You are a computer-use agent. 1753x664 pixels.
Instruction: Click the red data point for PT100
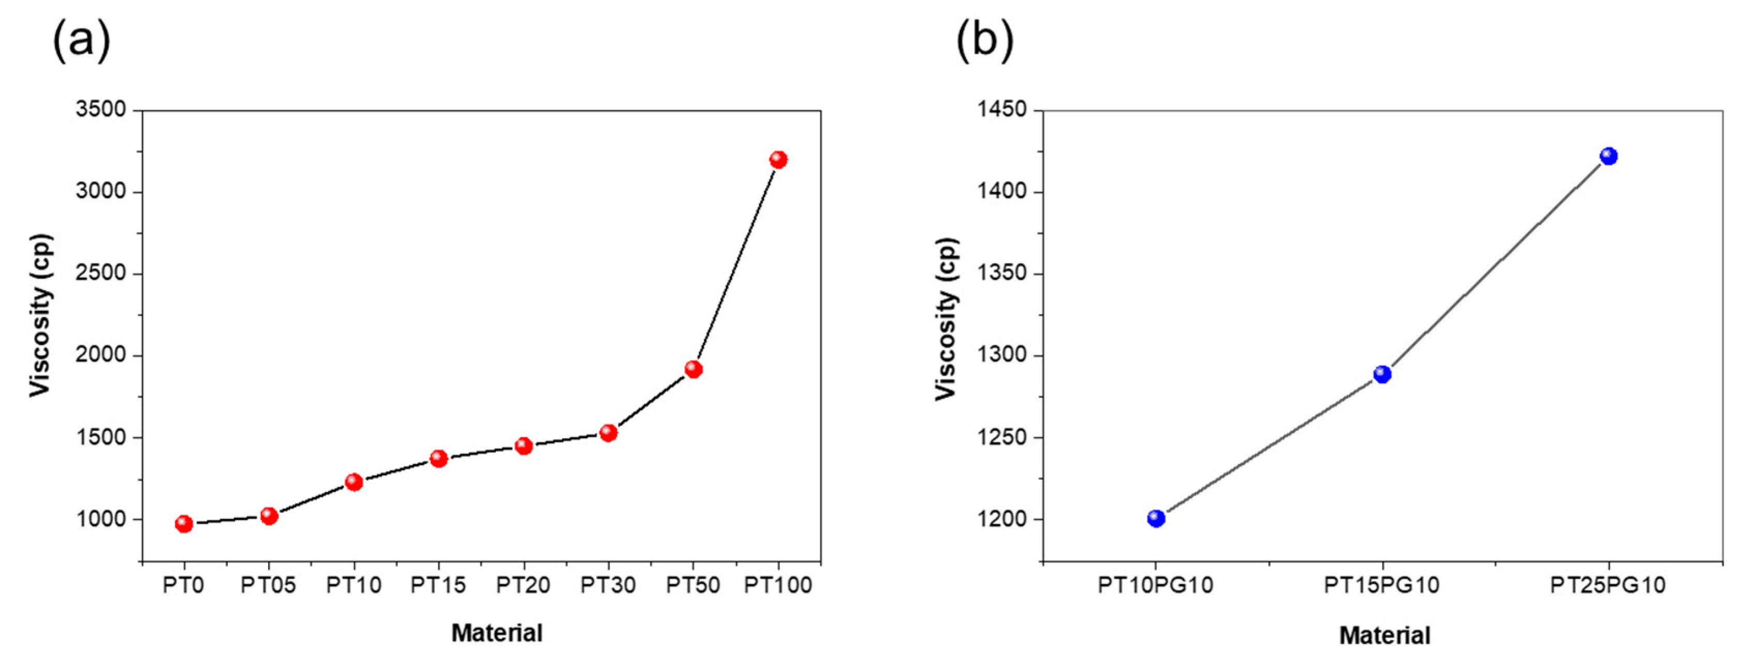778,160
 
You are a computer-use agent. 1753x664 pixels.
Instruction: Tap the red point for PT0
184,524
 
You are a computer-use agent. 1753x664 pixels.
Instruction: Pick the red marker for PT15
438,459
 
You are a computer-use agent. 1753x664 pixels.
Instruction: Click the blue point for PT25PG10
1608,156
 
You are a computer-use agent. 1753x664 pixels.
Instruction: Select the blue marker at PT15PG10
1382,374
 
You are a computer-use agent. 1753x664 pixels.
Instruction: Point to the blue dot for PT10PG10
1156,519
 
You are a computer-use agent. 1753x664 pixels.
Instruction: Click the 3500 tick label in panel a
101,110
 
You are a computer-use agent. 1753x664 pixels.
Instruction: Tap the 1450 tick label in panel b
1001,110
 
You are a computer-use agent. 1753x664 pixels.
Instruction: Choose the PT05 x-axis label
268,585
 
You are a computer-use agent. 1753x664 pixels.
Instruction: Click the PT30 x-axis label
608,585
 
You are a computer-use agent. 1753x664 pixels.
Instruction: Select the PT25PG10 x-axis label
1608,585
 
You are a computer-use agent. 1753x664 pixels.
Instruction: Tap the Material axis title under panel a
497,633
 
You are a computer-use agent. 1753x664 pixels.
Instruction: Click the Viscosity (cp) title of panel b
946,318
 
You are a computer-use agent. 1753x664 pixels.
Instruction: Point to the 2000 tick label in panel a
101,355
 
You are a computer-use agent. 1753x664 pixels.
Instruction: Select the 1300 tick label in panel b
1001,355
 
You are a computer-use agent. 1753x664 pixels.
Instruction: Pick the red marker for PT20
523,446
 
